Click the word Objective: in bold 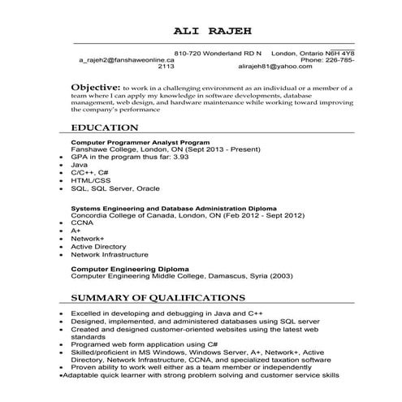pos(96,87)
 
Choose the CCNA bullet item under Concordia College pos(82,223)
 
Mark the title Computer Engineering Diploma pos(130,267)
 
